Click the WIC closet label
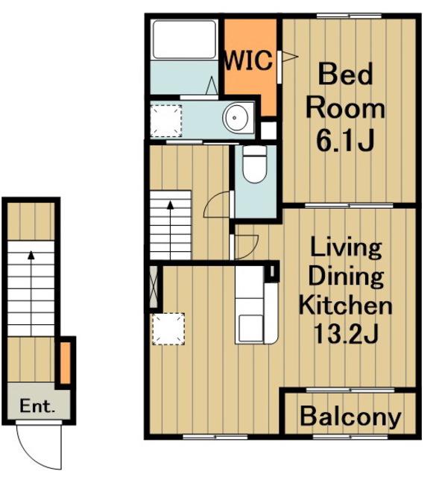coord(248,60)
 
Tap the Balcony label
coord(350,417)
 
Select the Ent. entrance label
coord(37,405)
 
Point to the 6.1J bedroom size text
coord(345,141)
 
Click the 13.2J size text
coord(346,333)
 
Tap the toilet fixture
coord(255,164)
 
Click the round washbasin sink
coord(235,118)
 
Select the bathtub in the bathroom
coord(184,40)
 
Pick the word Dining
coord(347,277)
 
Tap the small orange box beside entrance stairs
coord(65,363)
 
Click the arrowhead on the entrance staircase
coord(31,255)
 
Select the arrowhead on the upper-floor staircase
coord(171,205)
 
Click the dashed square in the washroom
coord(166,121)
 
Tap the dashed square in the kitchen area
coord(168,329)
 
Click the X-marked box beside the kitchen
coord(154,286)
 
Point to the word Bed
coord(345,74)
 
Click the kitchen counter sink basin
coord(250,328)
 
